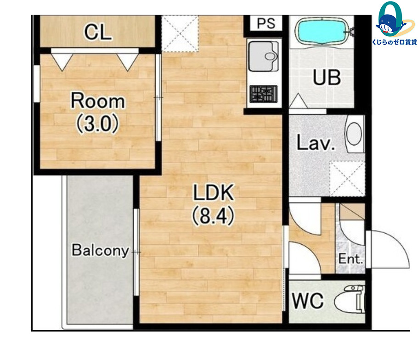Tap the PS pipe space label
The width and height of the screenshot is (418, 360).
[266, 23]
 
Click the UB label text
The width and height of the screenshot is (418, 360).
[327, 77]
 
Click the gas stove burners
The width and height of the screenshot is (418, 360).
[264, 94]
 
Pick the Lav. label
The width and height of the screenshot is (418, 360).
[316, 143]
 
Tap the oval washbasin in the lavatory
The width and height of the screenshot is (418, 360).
[354, 134]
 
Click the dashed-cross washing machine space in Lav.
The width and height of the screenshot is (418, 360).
[347, 179]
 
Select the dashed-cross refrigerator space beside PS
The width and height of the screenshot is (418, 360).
[180, 34]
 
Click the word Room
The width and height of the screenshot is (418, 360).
[97, 101]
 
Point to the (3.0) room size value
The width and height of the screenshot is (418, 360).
[97, 124]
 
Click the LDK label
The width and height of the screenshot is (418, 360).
[214, 192]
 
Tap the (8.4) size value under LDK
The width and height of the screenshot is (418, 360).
[213, 216]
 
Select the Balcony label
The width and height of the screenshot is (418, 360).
[100, 250]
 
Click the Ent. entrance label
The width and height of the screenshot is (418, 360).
[350, 259]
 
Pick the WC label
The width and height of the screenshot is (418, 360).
[308, 301]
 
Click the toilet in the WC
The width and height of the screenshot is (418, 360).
[350, 299]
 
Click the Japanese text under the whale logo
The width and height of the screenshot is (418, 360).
[394, 42]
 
